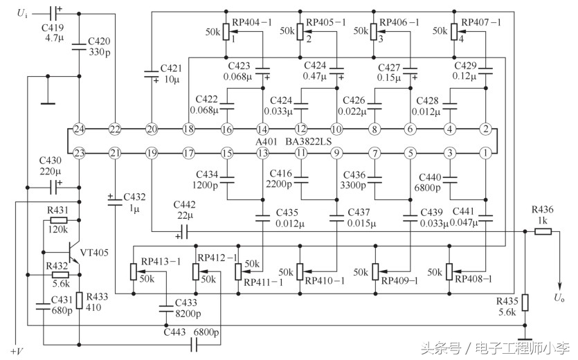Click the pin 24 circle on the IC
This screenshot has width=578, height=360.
pos(79,129)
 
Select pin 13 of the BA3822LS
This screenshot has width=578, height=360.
pos(262,152)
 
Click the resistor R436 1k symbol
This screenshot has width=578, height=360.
pos(543,232)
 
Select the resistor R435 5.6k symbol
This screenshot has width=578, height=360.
pos(525,303)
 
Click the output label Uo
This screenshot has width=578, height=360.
pos(559,298)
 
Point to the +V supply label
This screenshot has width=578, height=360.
pos(17,351)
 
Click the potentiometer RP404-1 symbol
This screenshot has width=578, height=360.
pos(226,32)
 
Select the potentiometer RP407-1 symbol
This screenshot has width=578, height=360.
pos(453,32)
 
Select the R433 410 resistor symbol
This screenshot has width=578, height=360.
pos(80,300)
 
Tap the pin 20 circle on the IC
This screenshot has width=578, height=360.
pos(152,129)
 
